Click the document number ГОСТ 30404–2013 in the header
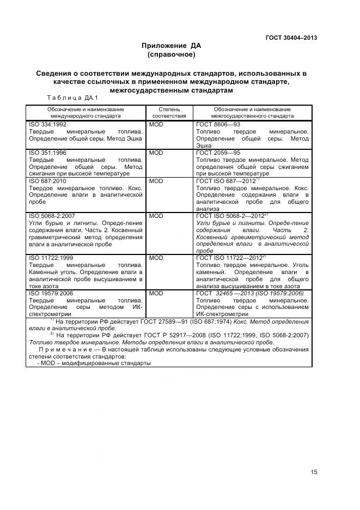pyautogui.click(x=291, y=38)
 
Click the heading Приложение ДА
pyautogui.click(x=171, y=46)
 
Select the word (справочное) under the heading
pyautogui.click(x=171, y=55)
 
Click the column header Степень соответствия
pyautogui.click(x=169, y=113)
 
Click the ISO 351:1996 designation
pyautogui.click(x=47, y=153)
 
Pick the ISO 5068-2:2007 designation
pyautogui.click(x=52, y=216)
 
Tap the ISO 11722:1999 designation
pyautogui.click(x=51, y=257)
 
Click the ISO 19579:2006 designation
pyautogui.click(x=51, y=293)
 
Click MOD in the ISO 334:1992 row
pyautogui.click(x=156, y=125)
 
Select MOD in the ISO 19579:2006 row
pyautogui.click(x=156, y=293)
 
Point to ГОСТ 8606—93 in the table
pyautogui.click(x=218, y=125)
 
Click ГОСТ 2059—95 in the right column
pyautogui.click(x=218, y=153)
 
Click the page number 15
pyautogui.click(x=314, y=472)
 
